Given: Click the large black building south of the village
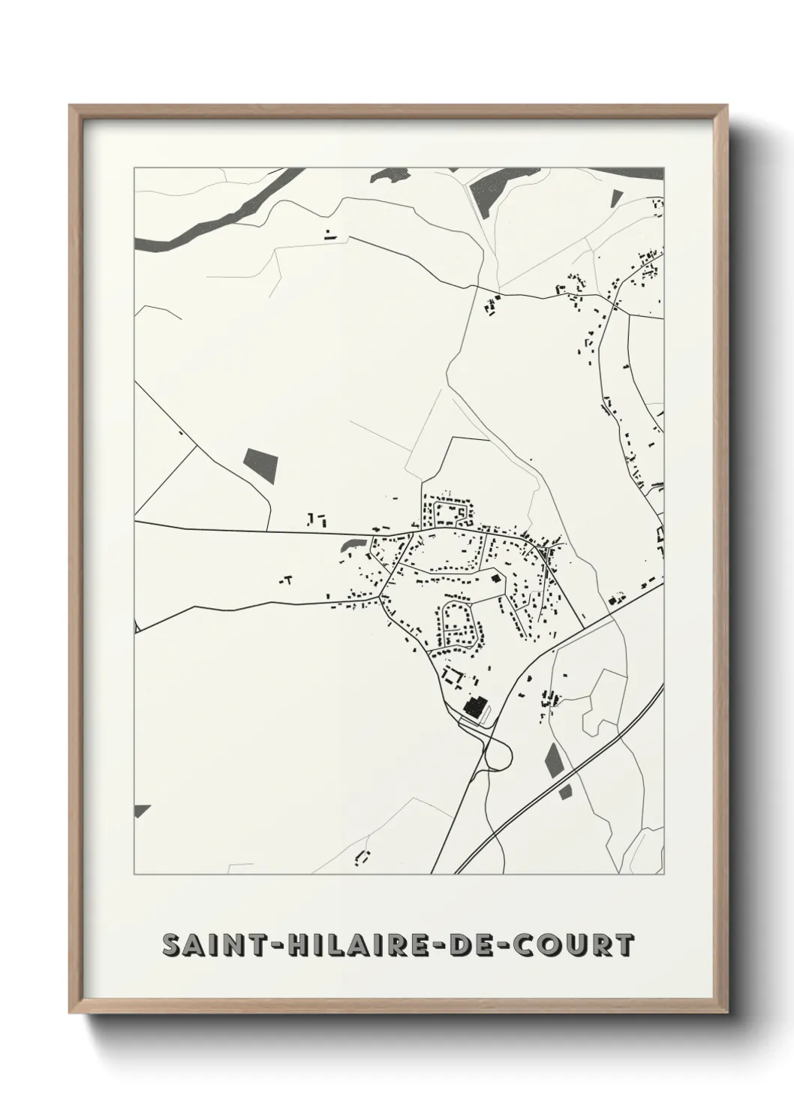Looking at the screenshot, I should pyautogui.click(x=475, y=707).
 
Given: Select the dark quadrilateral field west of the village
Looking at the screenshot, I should pyautogui.click(x=260, y=465).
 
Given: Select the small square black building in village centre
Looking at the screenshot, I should pyautogui.click(x=495, y=579).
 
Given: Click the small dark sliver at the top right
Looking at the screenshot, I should pyautogui.click(x=616, y=198).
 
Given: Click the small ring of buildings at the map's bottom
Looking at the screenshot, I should pyautogui.click(x=363, y=857).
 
